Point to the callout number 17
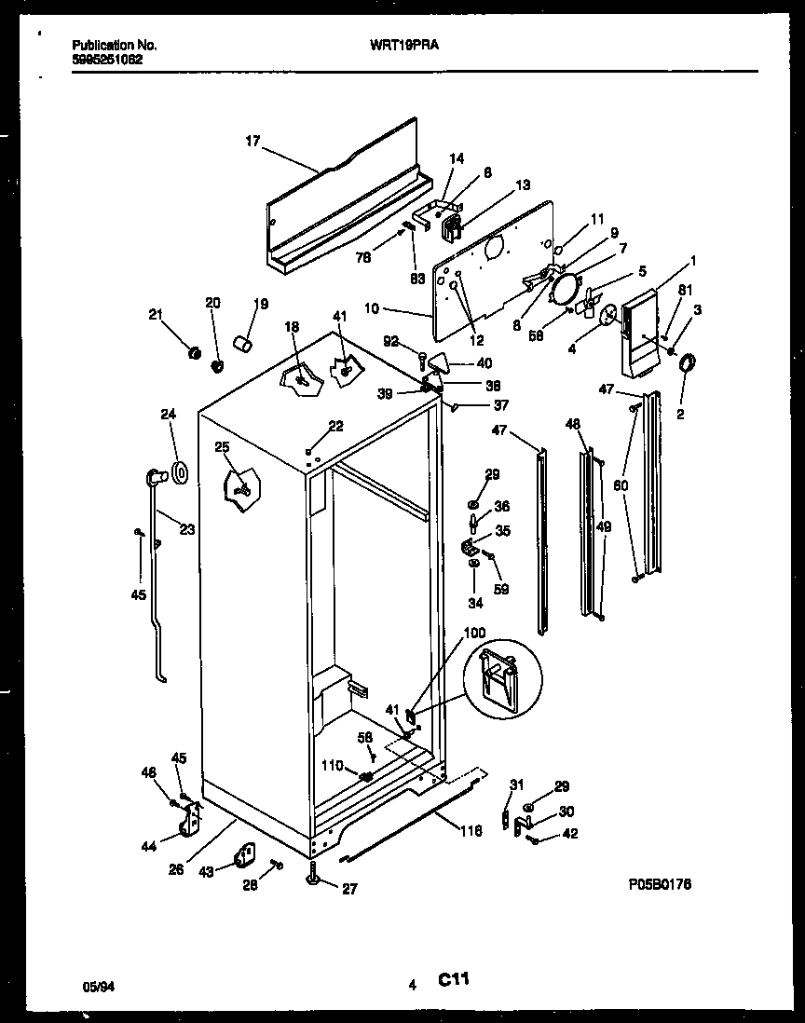[252, 142]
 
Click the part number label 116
[471, 830]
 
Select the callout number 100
[474, 633]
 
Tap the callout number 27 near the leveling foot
[348, 889]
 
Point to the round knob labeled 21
[195, 353]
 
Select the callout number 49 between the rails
[604, 527]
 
